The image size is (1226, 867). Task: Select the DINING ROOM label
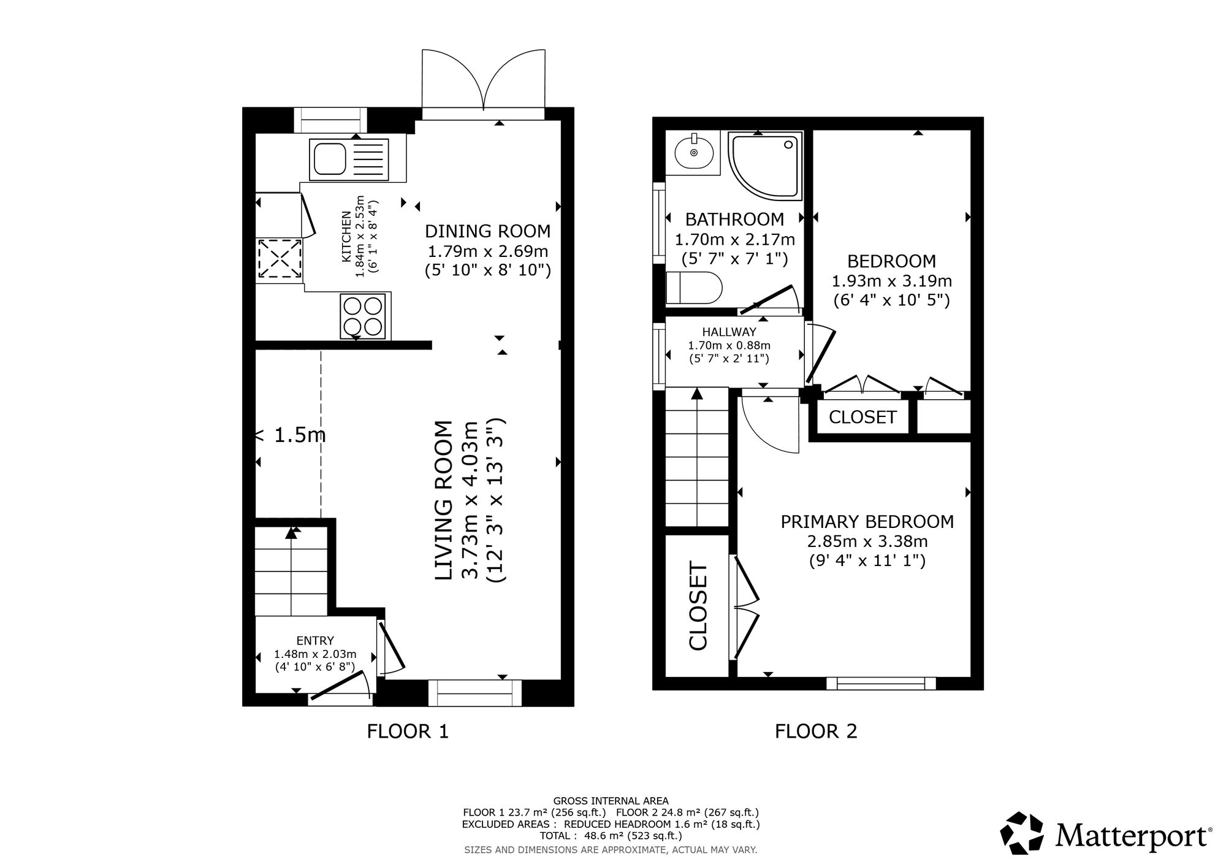tap(488, 231)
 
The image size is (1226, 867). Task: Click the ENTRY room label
tap(315, 641)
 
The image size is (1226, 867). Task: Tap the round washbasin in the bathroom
tap(695, 152)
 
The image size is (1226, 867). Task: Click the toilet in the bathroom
tap(694, 288)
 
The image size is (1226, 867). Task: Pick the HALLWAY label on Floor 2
tap(729, 332)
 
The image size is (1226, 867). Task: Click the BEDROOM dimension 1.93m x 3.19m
tap(891, 281)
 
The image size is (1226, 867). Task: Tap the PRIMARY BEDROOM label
tap(867, 522)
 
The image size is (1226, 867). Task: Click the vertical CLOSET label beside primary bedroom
tap(698, 605)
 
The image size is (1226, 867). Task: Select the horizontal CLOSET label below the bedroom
tap(862, 418)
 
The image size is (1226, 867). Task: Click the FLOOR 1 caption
tap(408, 731)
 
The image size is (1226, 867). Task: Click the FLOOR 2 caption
tap(816, 731)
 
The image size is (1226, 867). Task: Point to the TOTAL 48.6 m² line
tap(611, 836)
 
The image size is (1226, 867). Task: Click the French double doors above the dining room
tap(483, 83)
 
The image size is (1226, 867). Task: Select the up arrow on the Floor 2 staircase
tap(697, 394)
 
